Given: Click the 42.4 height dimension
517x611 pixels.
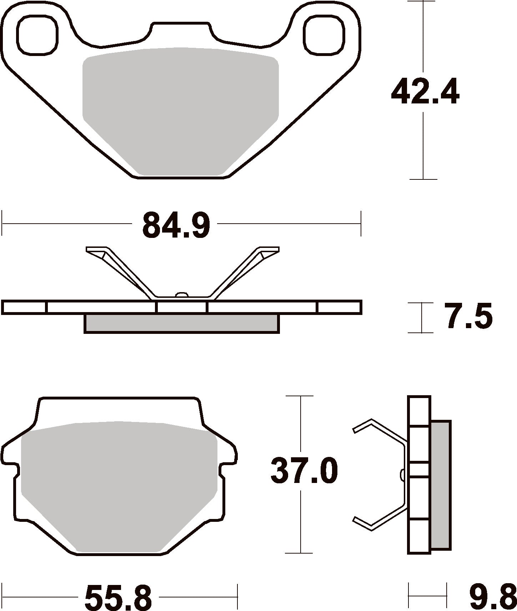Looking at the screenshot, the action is pyautogui.click(x=425, y=92).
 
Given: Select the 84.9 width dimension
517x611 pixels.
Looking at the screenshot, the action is pyautogui.click(x=176, y=225).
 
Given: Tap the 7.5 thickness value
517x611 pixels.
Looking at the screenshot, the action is pyautogui.click(x=468, y=316).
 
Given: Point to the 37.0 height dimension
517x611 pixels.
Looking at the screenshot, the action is pyautogui.click(x=304, y=471).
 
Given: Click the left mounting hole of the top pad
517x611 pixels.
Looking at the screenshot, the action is pyautogui.click(x=37, y=34).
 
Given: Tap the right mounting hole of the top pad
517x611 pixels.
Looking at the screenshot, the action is pyautogui.click(x=325, y=34).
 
